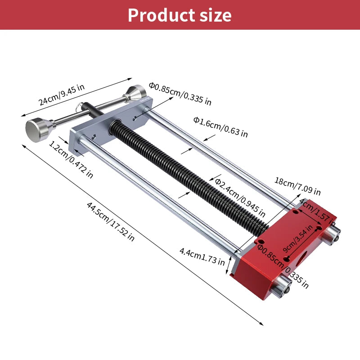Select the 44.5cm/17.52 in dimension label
tap(111, 222)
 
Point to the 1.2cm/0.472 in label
tap(71, 160)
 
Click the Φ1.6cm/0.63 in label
tap(220, 127)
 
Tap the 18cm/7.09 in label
tap(297, 186)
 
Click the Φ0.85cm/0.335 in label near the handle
tap(180, 93)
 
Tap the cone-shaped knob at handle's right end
tap(136, 94)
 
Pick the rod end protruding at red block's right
tap(333, 235)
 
